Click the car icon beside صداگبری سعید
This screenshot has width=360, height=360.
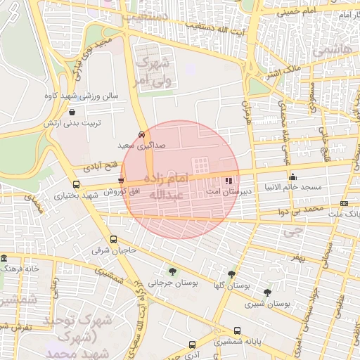click(x=142, y=134)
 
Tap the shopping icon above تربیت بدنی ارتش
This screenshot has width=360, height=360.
click(x=72, y=112)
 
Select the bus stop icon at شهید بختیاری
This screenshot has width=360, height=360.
click(x=76, y=184)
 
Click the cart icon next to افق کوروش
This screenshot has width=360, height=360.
click(x=121, y=181)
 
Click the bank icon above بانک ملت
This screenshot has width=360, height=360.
click(x=344, y=203)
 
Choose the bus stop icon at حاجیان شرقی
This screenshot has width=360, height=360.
click(x=114, y=240)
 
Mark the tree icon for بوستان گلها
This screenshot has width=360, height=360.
click(x=232, y=274)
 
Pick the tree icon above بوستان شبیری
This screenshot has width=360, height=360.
click(x=267, y=292)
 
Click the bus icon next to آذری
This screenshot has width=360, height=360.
click(x=193, y=345)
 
